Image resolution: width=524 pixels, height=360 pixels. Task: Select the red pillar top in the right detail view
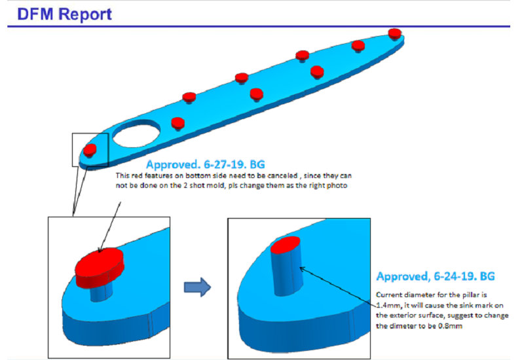point(287,245)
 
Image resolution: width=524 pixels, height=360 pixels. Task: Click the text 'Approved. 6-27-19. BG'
point(206,164)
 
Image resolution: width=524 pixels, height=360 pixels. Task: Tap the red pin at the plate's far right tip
point(394,33)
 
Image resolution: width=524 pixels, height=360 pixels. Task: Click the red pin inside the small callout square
point(91,149)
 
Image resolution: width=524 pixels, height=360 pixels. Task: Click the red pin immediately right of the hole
point(177,122)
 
